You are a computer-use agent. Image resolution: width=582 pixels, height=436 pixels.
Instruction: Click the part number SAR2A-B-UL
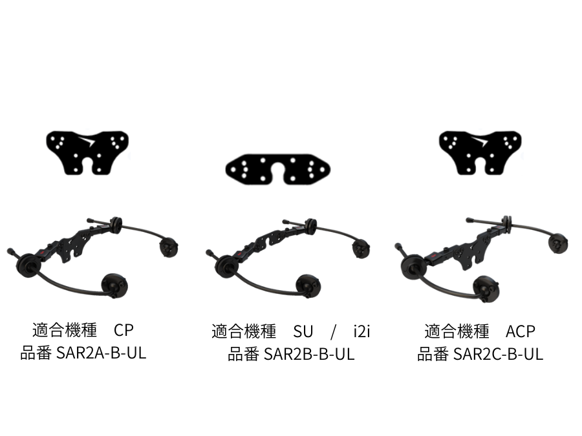[102, 354]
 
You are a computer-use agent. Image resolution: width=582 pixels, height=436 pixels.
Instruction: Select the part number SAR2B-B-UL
[310, 355]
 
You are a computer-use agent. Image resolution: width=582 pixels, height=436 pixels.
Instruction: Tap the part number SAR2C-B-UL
[499, 354]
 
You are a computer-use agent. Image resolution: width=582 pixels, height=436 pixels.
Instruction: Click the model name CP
[124, 331]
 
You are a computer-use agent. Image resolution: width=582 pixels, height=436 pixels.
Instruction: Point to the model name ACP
[521, 331]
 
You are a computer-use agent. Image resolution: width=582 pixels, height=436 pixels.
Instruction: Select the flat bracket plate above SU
[278, 169]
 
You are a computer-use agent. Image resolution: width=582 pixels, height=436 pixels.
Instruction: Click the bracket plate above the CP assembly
[87, 152]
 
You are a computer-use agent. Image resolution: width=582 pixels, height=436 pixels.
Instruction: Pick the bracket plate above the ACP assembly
[480, 152]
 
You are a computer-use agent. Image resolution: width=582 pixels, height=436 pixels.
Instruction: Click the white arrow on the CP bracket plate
[87, 140]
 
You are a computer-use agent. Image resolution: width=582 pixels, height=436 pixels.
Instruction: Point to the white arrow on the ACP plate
[480, 140]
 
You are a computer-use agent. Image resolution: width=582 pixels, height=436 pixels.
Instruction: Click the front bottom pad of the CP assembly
[114, 284]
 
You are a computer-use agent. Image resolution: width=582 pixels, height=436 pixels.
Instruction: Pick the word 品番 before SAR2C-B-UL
[431, 354]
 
